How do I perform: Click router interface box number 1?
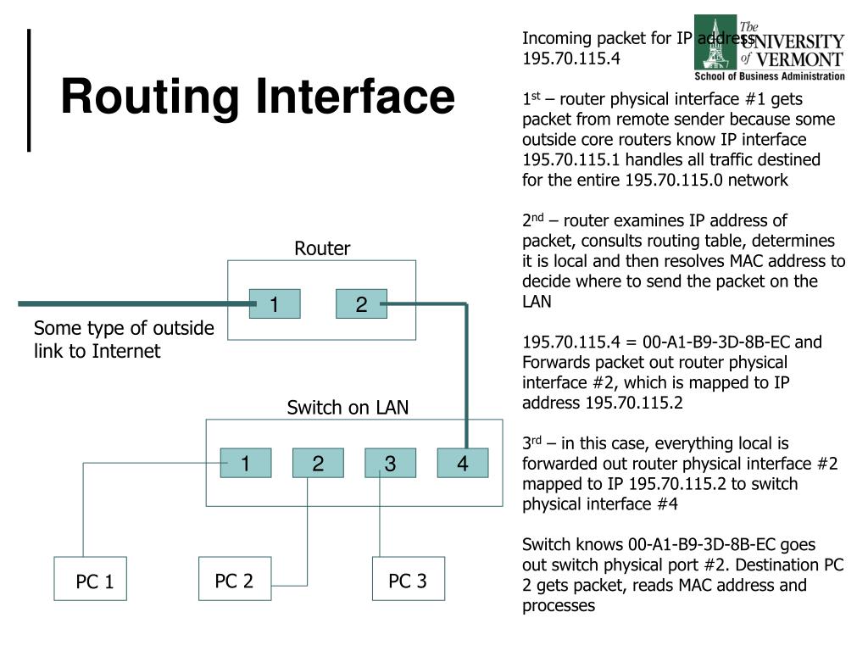[x=275, y=304]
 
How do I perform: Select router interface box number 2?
[x=361, y=304]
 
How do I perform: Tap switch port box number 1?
[x=245, y=464]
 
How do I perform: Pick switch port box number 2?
[x=318, y=464]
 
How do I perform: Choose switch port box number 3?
[x=390, y=464]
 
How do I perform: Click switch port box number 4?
[x=463, y=464]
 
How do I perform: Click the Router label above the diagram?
[x=322, y=248]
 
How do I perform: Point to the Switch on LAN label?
[x=348, y=408]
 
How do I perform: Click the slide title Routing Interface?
[x=258, y=96]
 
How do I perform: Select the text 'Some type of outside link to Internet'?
[x=124, y=339]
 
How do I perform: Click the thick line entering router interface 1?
[x=127, y=303]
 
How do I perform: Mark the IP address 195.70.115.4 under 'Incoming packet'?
[x=571, y=58]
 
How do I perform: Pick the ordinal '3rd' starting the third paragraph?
[x=531, y=443]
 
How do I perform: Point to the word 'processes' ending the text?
[x=559, y=605]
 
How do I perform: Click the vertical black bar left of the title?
[x=31, y=90]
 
